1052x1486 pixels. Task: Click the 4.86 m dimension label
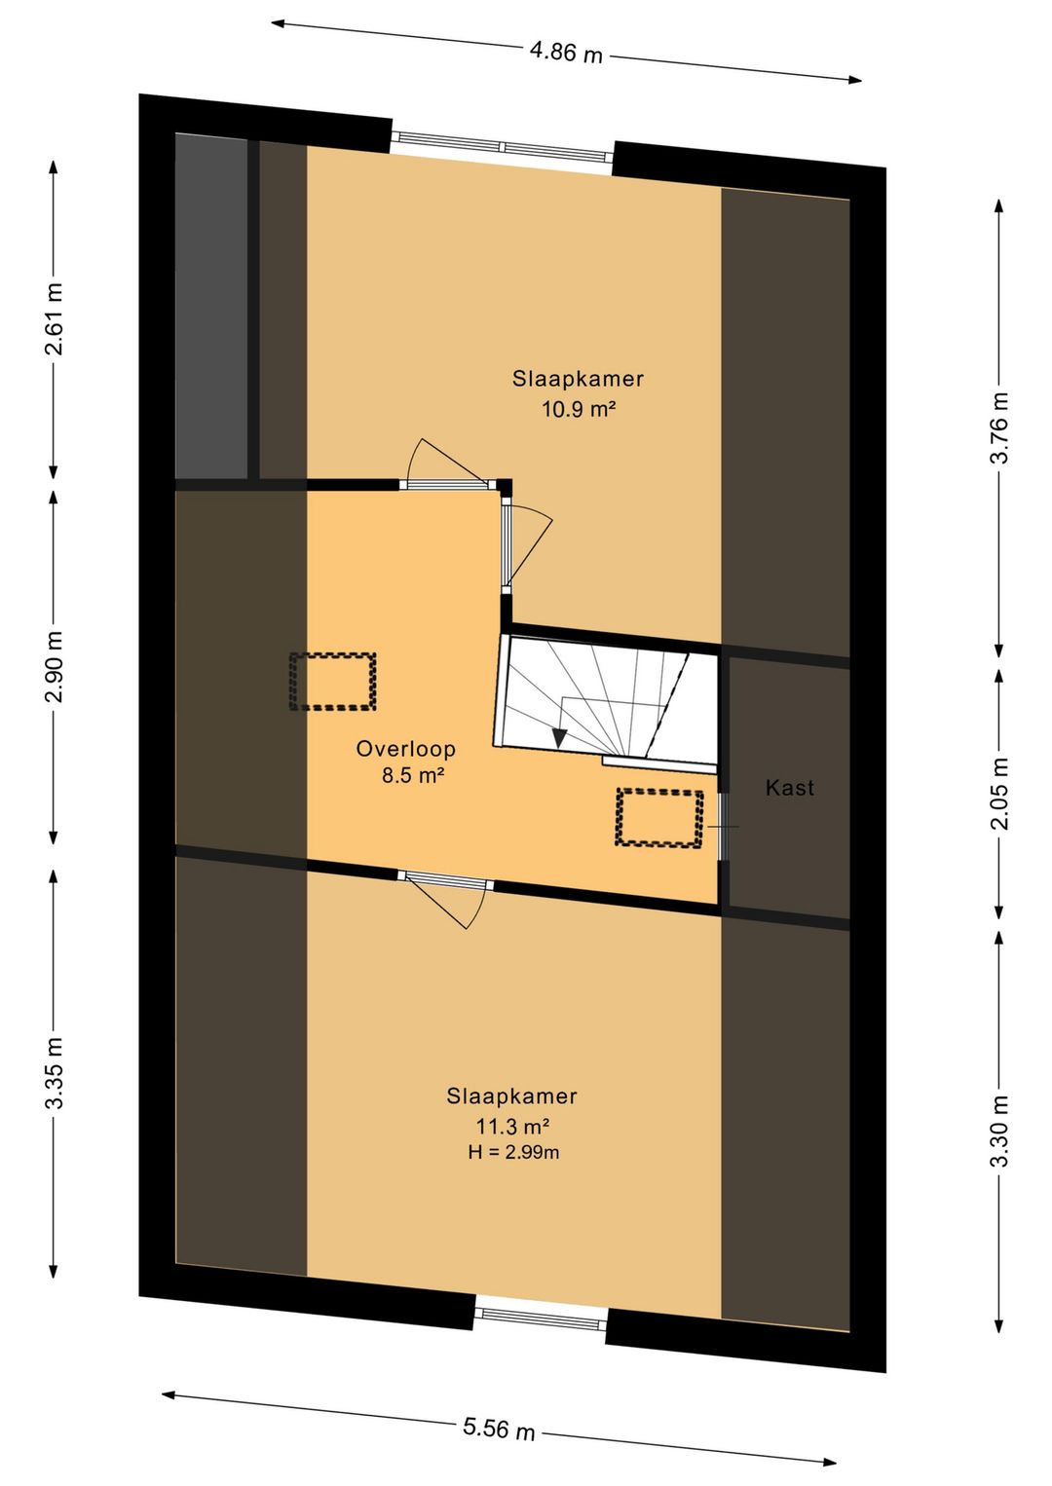(x=566, y=51)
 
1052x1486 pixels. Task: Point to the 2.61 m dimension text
(x=55, y=318)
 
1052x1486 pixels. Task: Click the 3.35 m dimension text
(x=55, y=1073)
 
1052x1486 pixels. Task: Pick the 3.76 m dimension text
(x=999, y=427)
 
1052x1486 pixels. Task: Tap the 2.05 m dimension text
(x=999, y=794)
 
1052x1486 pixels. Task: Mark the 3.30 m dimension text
(x=999, y=1132)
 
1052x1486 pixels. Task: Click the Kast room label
(x=790, y=788)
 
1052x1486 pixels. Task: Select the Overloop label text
(x=406, y=749)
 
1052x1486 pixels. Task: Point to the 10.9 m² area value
(x=579, y=409)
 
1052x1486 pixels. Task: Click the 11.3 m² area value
(x=511, y=1126)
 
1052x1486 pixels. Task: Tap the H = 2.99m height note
(x=513, y=1152)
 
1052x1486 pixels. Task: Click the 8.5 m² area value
(x=413, y=775)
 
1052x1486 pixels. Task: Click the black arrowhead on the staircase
(x=559, y=738)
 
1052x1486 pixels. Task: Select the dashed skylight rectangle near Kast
(x=659, y=817)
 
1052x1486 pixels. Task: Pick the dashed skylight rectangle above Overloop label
(x=333, y=682)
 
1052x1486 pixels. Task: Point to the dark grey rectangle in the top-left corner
(x=211, y=305)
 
